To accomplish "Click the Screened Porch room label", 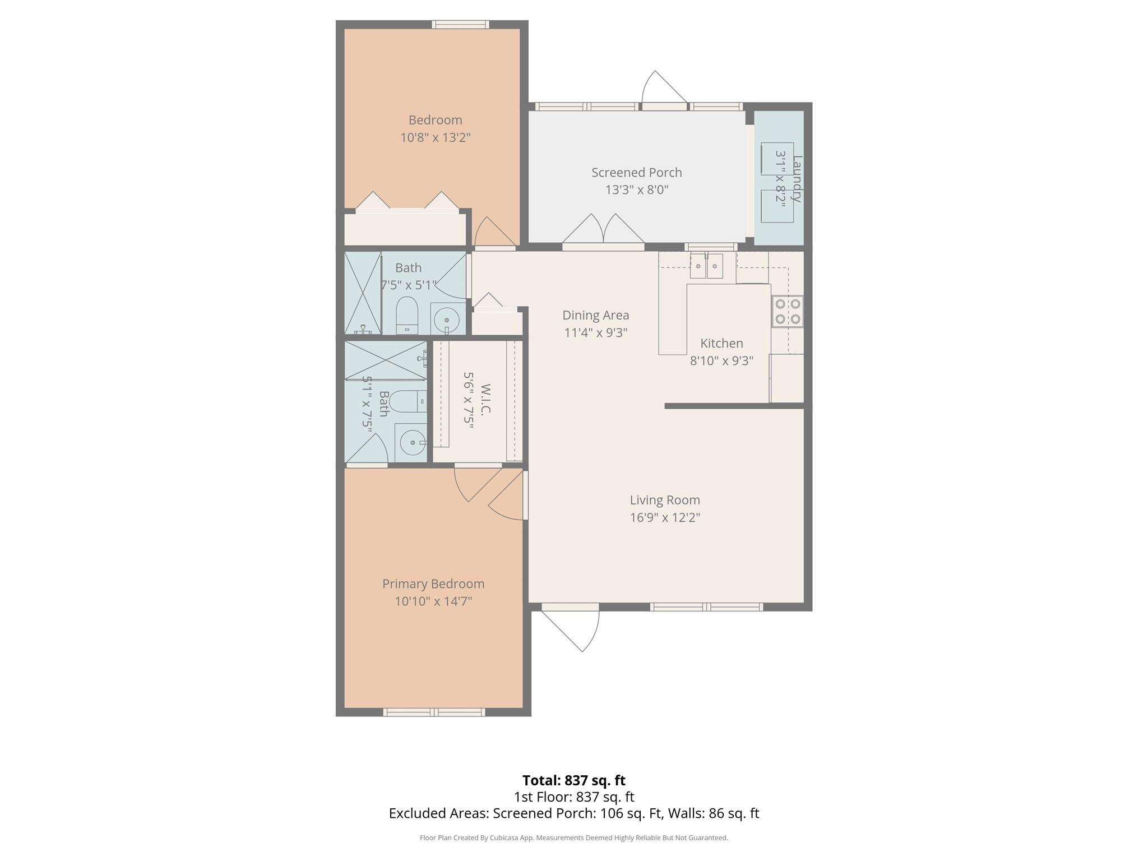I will [636, 173].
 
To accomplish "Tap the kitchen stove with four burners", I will [787, 312].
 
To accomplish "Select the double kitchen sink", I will [706, 266].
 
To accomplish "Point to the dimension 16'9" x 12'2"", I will [665, 517].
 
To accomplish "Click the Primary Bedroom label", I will [433, 584].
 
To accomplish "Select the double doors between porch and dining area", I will [603, 231].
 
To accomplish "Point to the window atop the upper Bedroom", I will [460, 25].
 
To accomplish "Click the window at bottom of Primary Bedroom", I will [434, 712].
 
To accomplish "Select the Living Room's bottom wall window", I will [706, 607].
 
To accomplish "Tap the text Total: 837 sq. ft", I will [573, 780].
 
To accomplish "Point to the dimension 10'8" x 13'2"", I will [435, 137].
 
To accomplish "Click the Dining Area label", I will [595, 315].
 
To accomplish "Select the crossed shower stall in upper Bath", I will [362, 293].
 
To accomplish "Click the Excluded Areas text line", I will [573, 813].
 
